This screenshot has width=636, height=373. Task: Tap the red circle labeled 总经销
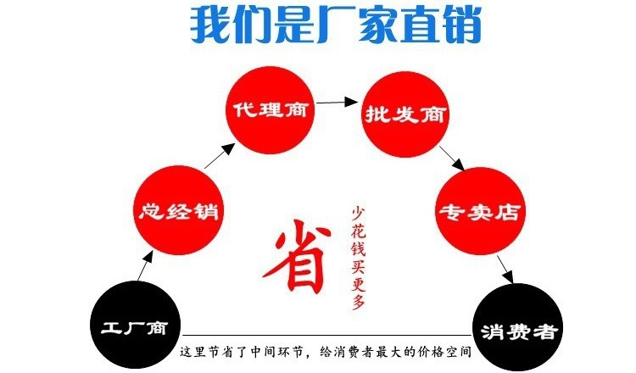point(177,208)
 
